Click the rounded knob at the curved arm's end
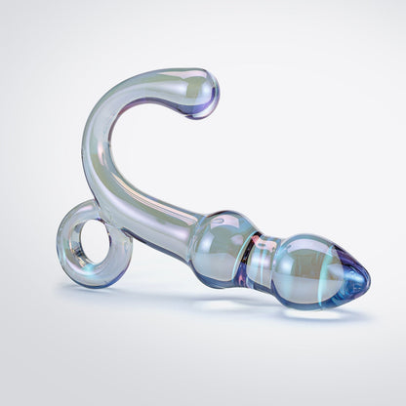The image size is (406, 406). pyautogui.click(x=200, y=93)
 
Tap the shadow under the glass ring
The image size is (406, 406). pyautogui.click(x=93, y=290)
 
